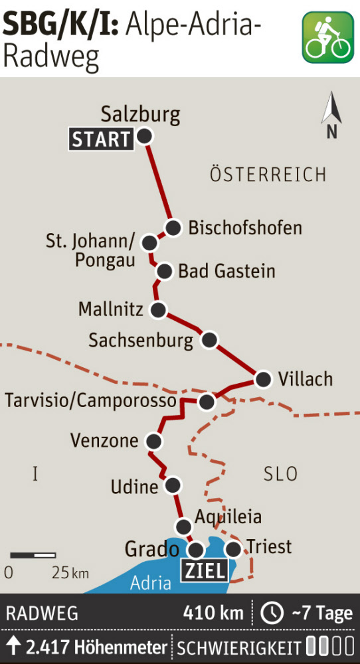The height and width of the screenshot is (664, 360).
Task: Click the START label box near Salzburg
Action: [101, 139]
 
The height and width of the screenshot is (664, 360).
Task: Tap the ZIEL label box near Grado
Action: [204, 570]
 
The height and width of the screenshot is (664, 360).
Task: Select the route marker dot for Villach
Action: [264, 379]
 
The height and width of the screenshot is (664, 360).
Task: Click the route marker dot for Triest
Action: [233, 549]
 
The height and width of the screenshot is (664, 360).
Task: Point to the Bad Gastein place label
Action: [226, 271]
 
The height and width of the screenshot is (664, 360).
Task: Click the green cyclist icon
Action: [327, 37]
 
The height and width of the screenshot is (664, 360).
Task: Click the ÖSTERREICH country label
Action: [268, 175]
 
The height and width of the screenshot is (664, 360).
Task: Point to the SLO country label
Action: [280, 474]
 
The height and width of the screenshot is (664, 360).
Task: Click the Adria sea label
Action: [151, 583]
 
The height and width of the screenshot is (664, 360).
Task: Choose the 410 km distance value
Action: [213, 613]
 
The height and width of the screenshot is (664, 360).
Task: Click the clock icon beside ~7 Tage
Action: [272, 613]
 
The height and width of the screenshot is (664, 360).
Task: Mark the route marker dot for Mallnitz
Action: [158, 309]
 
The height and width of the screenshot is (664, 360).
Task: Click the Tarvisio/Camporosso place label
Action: [91, 401]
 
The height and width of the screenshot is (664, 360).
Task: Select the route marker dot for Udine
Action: [173, 485]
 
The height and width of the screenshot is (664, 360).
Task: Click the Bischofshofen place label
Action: [245, 228]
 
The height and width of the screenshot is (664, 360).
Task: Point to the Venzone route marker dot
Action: [154, 441]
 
